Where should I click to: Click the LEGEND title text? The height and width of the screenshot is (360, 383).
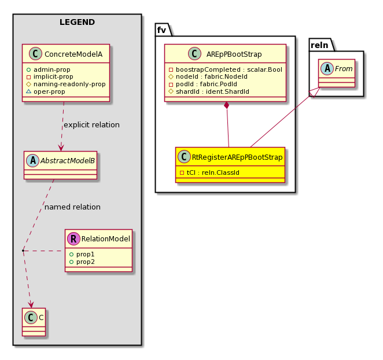coord(77,23)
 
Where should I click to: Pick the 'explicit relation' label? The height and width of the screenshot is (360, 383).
coord(91,124)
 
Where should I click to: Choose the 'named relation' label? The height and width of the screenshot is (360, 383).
coord(72,207)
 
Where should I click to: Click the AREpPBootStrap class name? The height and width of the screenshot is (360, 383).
coord(234,54)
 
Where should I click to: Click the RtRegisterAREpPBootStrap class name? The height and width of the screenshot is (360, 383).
coord(235,156)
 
